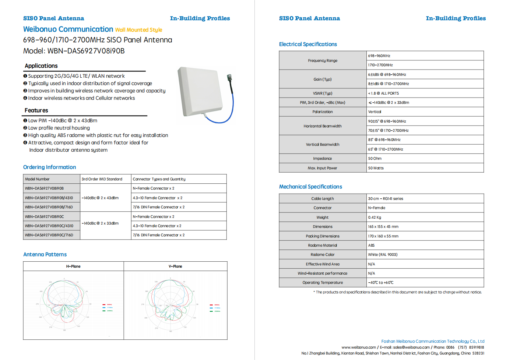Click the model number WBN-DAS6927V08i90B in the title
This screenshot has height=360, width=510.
[x=86, y=51]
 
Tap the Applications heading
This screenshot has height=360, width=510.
[x=41, y=66]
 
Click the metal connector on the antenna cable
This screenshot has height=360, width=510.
[x=230, y=78]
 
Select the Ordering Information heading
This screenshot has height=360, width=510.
[x=50, y=167]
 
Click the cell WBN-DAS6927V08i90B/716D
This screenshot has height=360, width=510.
[x=49, y=207]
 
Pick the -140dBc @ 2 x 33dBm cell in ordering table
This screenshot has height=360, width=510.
[x=100, y=223]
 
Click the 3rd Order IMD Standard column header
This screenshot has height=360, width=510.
[x=102, y=179]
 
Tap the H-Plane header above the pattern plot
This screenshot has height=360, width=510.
[x=73, y=266]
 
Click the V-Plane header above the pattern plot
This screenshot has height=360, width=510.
[x=175, y=266]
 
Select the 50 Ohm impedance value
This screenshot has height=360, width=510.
[x=375, y=159]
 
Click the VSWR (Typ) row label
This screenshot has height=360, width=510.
[x=323, y=93]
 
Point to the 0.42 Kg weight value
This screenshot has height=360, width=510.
[x=374, y=218]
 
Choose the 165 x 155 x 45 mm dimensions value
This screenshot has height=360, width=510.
[x=383, y=227]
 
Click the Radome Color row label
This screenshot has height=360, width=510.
[x=323, y=255]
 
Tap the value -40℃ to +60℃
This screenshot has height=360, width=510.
[x=381, y=283]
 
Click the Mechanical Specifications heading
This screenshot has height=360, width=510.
[x=310, y=187]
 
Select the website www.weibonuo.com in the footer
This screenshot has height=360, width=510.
[x=359, y=347]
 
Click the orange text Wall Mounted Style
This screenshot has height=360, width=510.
[x=138, y=30]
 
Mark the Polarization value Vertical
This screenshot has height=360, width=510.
[x=374, y=112]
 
